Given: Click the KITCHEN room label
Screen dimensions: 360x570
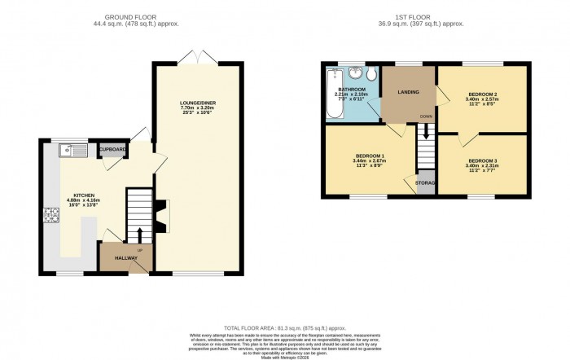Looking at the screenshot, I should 83,195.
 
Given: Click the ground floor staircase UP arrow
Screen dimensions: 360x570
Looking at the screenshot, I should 138,236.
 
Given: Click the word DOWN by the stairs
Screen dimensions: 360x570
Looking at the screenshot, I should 426,116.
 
